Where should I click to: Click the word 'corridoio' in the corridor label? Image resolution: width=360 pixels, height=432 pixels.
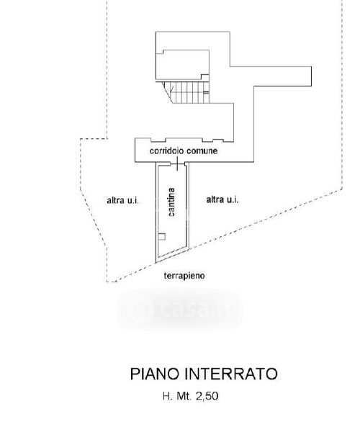coord(167,151)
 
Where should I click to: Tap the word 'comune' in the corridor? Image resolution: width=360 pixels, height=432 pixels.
coord(202,151)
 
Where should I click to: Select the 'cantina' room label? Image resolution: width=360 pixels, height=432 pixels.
coord(171,202)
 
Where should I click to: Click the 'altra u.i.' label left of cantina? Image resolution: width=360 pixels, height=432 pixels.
coord(123,200)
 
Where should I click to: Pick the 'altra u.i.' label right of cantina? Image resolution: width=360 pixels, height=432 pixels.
coord(222,199)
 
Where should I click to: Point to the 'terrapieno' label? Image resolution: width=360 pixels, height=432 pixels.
coord(184,276)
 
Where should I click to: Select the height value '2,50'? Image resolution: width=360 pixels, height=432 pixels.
coord(207,397)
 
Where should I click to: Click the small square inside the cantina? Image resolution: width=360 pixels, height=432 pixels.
coord(162,237)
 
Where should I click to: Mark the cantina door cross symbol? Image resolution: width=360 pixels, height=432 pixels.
coord(178,163)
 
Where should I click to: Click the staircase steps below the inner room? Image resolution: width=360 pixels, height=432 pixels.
coord(190,92)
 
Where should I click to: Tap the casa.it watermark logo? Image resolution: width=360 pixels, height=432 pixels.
coord(180,309)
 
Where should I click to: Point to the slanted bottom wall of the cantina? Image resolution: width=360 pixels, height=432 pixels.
coord(172,255)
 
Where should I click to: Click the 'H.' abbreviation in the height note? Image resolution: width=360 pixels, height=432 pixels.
coord(168,397)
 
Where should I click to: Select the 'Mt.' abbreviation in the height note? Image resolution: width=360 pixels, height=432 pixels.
coord(184,397)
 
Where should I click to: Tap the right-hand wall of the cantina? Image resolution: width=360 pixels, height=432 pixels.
coord(189,205)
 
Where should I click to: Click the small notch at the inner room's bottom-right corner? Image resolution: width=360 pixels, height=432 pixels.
coord(205,77)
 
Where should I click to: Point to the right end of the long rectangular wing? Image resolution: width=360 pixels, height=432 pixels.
coord(312,76)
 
